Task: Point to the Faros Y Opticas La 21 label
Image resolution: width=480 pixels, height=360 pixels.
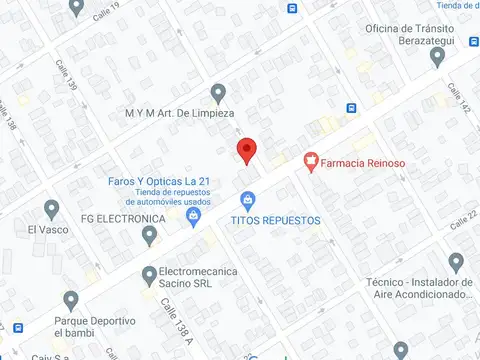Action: [x=159, y=180]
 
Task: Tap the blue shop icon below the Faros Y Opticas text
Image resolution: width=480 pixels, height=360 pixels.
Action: [x=194, y=213]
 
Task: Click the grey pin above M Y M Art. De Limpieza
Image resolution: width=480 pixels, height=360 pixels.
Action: [x=219, y=91]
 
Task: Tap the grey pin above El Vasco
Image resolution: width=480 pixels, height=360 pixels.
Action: [x=52, y=209]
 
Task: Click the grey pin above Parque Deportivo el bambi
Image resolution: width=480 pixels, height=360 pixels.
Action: [x=70, y=299]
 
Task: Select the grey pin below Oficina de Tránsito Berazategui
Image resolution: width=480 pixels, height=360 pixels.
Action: [x=437, y=58]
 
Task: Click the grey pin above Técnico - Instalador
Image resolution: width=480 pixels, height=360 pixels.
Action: [x=456, y=262]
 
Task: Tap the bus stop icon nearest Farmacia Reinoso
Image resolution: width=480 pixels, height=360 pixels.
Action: [x=351, y=108]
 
